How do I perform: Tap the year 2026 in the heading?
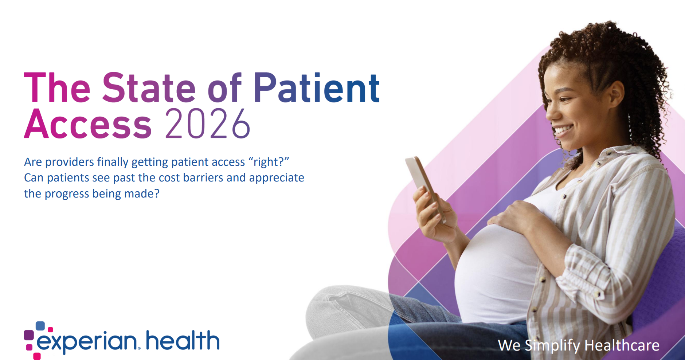208,124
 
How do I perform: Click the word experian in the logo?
87,342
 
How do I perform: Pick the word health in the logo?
183,340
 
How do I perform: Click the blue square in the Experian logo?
40,326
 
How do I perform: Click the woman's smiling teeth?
563,129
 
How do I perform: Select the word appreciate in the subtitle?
277,178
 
